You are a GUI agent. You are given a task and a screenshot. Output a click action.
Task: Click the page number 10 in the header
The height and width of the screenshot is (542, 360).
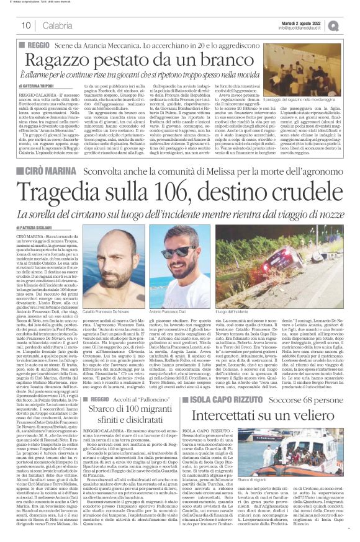click(26, 25)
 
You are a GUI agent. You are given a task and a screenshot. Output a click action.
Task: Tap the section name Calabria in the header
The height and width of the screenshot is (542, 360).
click(56, 25)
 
